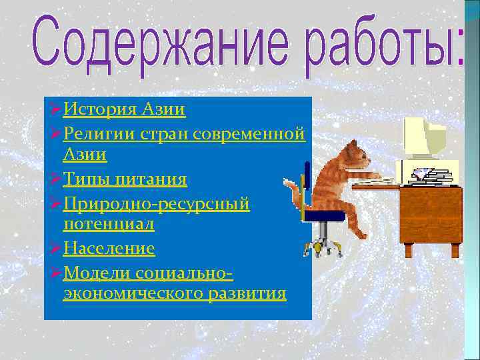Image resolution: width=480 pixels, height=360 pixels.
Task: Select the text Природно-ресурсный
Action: pyautogui.click(x=156, y=203)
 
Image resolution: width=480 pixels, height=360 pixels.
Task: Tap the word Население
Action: pyautogui.click(x=109, y=249)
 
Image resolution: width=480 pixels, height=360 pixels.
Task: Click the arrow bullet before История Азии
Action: pyautogui.click(x=56, y=109)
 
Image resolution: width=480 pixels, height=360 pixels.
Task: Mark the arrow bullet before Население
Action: pyautogui.click(x=56, y=249)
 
